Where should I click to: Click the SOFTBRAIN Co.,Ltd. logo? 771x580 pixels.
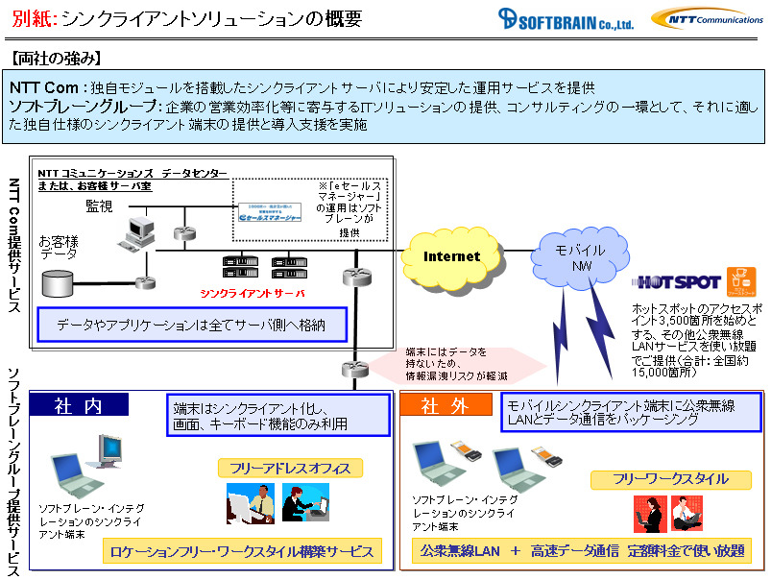(566, 19)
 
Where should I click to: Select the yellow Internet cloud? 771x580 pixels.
(452, 256)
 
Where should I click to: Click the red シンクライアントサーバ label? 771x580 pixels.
(253, 293)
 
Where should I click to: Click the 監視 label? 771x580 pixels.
(99, 205)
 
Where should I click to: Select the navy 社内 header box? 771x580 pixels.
(79, 405)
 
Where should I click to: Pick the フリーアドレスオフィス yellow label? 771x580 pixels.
(290, 468)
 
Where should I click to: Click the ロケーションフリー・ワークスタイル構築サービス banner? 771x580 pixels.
(241, 551)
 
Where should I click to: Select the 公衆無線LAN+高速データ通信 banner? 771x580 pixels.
(582, 551)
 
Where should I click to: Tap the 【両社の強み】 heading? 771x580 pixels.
(56, 59)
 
